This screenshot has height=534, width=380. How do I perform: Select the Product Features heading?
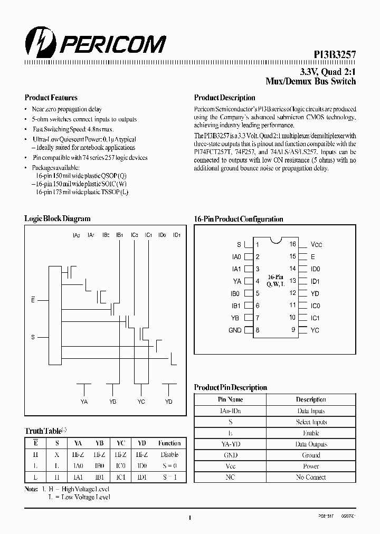51,98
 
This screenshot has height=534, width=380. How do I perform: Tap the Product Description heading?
224,98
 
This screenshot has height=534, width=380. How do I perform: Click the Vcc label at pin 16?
316,245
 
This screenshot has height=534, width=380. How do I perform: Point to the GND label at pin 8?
235,330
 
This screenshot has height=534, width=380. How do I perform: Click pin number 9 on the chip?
292,330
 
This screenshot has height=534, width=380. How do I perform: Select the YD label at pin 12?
315,293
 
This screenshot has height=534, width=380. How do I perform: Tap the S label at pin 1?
239,245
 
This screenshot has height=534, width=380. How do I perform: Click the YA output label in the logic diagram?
83,402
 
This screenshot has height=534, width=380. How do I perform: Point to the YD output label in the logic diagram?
168,402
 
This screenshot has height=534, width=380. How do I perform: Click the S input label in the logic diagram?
33,337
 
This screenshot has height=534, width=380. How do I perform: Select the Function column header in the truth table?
169,443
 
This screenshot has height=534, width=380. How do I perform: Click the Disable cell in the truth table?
169,454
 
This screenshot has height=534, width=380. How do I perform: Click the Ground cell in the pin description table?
311,455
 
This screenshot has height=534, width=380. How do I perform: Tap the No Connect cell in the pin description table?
311,477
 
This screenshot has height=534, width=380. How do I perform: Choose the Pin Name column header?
231,399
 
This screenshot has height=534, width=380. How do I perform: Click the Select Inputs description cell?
311,422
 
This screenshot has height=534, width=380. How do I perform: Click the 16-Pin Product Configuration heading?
239,219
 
